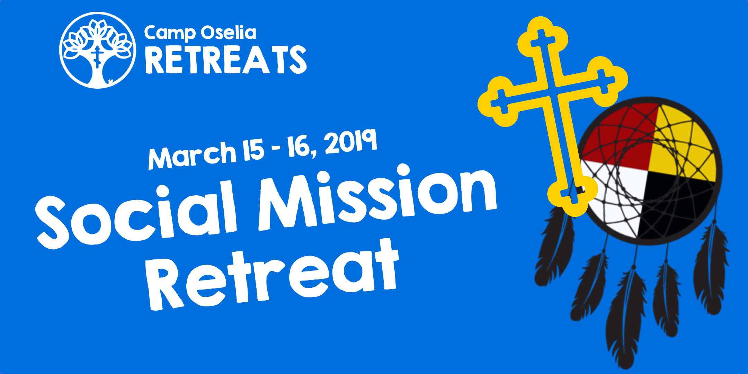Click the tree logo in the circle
pyautogui.click(x=97, y=50)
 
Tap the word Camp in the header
pyautogui.click(x=170, y=34)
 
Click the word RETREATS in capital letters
pyautogui.click(x=226, y=60)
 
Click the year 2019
pyautogui.click(x=350, y=141)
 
